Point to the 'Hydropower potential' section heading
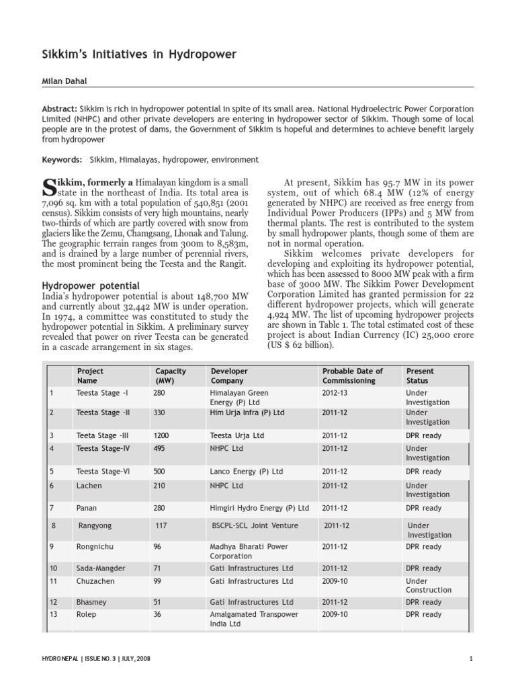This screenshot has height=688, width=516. [x=91, y=286]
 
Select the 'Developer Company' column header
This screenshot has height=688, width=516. [x=229, y=376]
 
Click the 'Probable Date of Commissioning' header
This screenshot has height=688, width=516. [x=352, y=376]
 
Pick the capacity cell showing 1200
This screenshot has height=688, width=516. [x=161, y=435]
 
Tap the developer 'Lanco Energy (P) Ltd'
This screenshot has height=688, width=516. [x=247, y=472]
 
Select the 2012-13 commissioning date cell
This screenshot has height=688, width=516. [x=335, y=392]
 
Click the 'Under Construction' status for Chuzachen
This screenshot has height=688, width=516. [x=428, y=585]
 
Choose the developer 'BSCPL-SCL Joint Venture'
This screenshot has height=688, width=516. [x=255, y=525]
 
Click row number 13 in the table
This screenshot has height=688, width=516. [x=54, y=614]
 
